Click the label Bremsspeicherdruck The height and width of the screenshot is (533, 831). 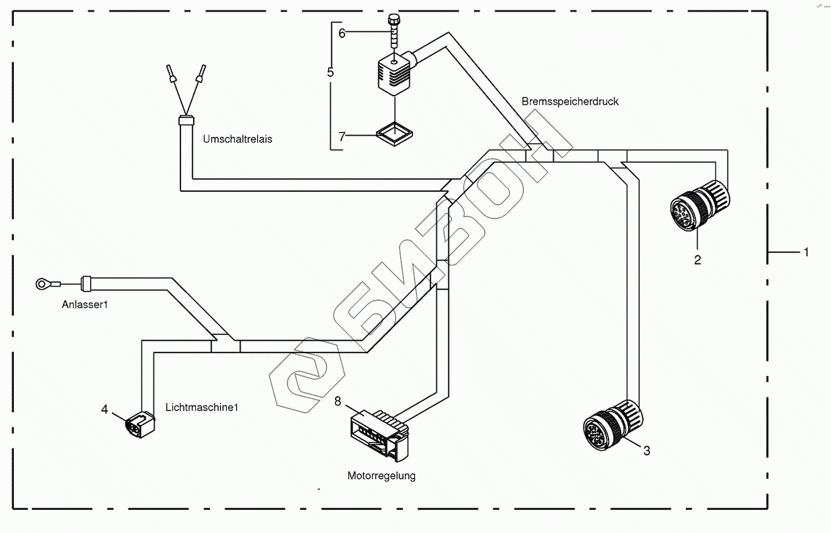[570, 101]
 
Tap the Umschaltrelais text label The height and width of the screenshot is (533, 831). [238, 139]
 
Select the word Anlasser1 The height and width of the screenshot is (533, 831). [85, 305]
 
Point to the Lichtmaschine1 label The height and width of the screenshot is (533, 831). [202, 407]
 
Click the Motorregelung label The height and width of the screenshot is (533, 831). [382, 476]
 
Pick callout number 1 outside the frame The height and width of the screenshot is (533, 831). [805, 252]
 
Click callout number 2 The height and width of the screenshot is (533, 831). [697, 259]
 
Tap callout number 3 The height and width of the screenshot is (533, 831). [646, 450]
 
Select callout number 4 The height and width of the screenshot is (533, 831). [105, 409]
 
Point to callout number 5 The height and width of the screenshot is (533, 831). [331, 72]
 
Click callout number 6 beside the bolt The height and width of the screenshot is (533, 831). [342, 33]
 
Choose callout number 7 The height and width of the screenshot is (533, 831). [342, 136]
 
